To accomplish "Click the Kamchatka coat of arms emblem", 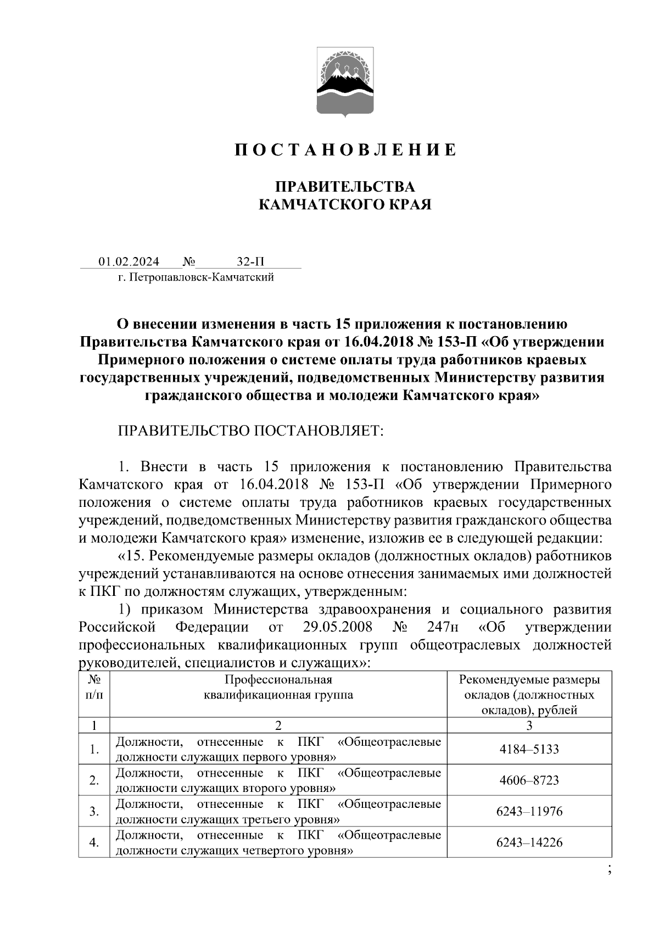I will click(345, 82).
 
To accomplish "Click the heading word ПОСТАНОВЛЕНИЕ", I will click(345, 150).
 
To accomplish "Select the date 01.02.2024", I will click(129, 261).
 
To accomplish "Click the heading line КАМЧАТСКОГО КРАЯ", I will click(345, 205).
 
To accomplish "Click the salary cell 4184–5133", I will click(529, 749).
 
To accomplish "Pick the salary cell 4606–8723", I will click(529, 780).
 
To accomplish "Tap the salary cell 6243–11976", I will click(529, 811).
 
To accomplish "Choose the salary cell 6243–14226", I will click(529, 842).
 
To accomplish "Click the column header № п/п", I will click(94, 687).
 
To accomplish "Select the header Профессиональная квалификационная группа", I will click(278, 687).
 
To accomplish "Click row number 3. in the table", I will click(94, 811).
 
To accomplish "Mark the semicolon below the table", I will click(610, 869).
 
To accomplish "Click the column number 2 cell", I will click(278, 725).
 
